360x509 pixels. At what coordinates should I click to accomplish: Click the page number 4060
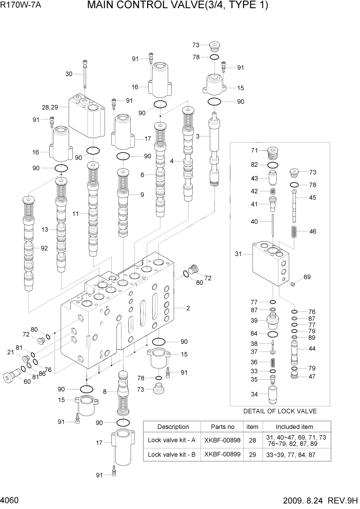pos(11,500)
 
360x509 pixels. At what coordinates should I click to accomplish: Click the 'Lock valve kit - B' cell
pos(173,455)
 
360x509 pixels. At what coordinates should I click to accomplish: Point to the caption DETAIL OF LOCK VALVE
pos(279,411)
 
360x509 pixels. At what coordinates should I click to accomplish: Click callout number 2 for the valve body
pos(188,308)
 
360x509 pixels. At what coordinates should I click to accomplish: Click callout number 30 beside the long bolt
pos(69,74)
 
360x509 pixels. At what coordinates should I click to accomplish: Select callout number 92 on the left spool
pos(44,248)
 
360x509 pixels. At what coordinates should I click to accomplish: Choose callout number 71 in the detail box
pos(254,150)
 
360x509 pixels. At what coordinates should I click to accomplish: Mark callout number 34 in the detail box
pos(254,394)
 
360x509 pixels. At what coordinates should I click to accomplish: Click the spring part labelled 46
pos(295,231)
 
